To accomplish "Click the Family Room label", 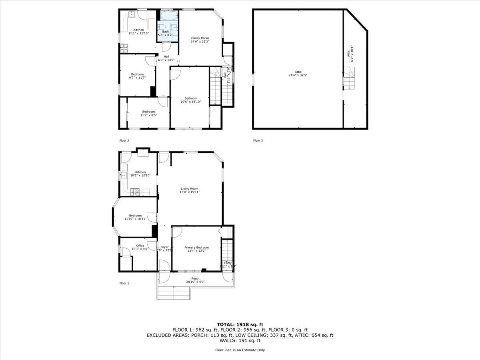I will click(200, 38).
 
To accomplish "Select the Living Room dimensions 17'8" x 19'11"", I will click(190, 192).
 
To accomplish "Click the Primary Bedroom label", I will click(196, 248).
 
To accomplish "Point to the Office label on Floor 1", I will click(140, 246).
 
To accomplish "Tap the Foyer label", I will click(164, 247).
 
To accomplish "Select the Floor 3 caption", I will click(258, 140).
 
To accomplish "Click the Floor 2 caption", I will click(124, 140).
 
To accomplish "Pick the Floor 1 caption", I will click(124, 283).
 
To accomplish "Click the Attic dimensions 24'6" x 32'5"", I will click(298, 75).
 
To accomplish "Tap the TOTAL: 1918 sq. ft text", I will click(240, 324).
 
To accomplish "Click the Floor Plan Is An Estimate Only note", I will click(240, 350).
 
